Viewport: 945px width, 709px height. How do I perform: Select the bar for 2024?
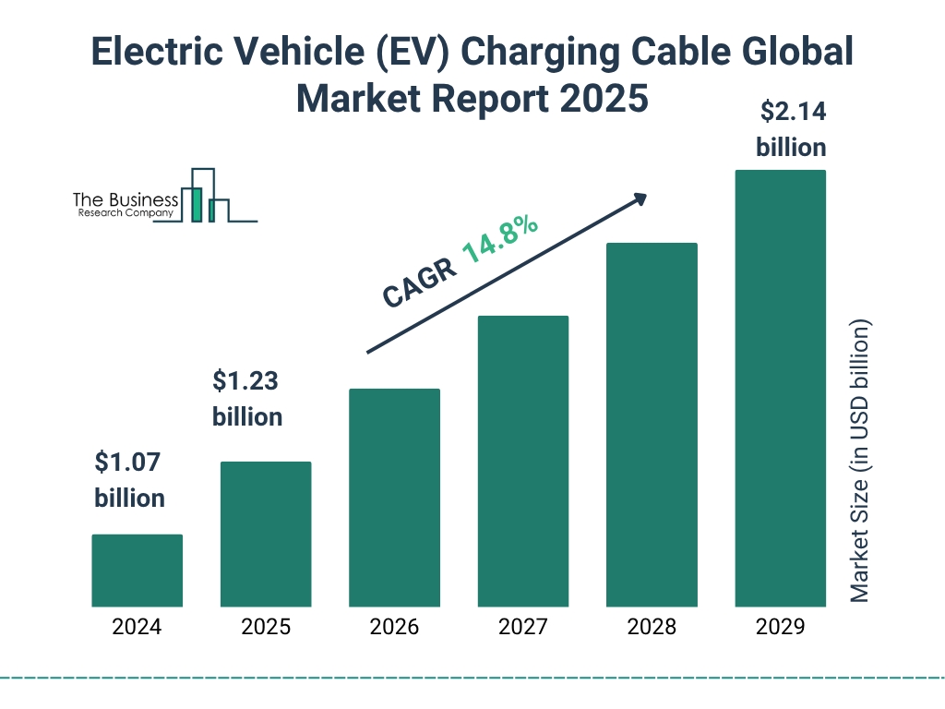pyautogui.click(x=137, y=571)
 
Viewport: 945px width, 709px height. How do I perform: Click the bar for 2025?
pyautogui.click(x=266, y=534)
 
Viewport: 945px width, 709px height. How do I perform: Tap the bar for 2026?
pyautogui.click(x=394, y=498)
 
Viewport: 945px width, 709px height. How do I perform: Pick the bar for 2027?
pyautogui.click(x=522, y=461)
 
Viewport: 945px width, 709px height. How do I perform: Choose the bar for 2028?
pyautogui.click(x=652, y=425)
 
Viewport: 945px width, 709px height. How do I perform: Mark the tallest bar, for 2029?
pyautogui.click(x=780, y=388)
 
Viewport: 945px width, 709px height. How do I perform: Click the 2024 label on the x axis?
pyautogui.click(x=137, y=628)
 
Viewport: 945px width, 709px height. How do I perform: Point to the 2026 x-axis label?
pyautogui.click(x=394, y=628)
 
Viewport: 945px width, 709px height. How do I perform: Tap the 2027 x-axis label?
pyautogui.click(x=522, y=628)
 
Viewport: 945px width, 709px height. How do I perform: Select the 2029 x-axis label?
pyautogui.click(x=780, y=628)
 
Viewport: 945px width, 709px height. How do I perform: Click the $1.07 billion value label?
pyautogui.click(x=130, y=480)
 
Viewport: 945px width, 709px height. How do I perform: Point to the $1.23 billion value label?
pyautogui.click(x=247, y=398)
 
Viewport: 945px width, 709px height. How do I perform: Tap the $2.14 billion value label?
pyautogui.click(x=791, y=129)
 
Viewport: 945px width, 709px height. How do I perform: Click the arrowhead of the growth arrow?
pyautogui.click(x=640, y=199)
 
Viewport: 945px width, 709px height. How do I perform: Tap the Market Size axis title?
pyautogui.click(x=860, y=462)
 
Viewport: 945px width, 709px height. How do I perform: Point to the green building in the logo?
pyautogui.click(x=196, y=204)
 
